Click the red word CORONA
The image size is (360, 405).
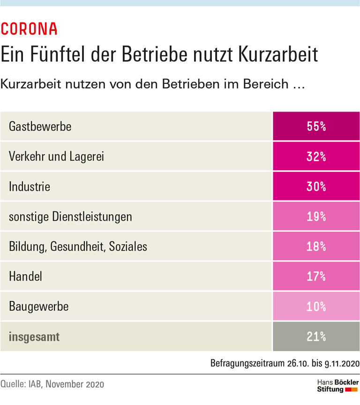point(29,29)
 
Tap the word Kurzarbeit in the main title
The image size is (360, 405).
point(278,54)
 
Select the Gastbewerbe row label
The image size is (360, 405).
point(40,126)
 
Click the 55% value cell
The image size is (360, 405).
point(316,126)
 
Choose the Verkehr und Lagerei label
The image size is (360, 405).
point(56,156)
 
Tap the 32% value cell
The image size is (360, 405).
point(316,156)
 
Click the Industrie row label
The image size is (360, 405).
point(30,186)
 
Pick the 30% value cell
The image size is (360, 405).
point(316,186)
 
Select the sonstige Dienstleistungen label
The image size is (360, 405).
point(70,216)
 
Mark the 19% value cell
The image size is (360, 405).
point(316,216)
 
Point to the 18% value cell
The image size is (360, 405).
point(316,246)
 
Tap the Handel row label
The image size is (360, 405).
point(25,276)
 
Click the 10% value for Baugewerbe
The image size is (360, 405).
point(316,306)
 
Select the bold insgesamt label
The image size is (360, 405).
point(34,336)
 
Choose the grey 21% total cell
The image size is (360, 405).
point(316,336)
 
